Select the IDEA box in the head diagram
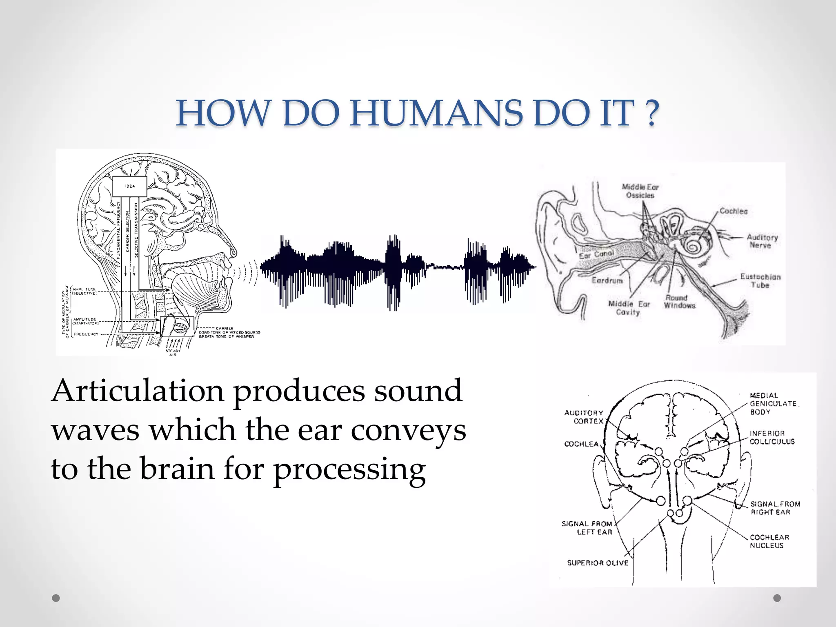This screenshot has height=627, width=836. (129, 186)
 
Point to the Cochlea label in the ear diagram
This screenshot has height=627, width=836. (734, 211)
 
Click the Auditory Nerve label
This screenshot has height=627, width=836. (762, 241)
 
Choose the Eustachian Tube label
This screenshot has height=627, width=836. (760, 281)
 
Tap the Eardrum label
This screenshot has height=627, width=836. (607, 280)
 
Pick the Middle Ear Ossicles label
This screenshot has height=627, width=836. (640, 191)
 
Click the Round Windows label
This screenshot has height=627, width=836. (679, 302)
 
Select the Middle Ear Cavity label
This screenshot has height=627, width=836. (629, 308)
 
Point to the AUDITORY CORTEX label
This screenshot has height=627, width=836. (584, 417)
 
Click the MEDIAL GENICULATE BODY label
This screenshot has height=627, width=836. (773, 404)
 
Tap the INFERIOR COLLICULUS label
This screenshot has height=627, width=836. (772, 437)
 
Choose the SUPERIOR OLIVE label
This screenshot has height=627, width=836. (598, 563)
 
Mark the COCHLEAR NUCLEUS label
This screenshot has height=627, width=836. (769, 541)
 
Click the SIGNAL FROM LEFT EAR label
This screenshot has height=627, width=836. (587, 528)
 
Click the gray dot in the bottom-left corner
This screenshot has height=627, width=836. (56, 598)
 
